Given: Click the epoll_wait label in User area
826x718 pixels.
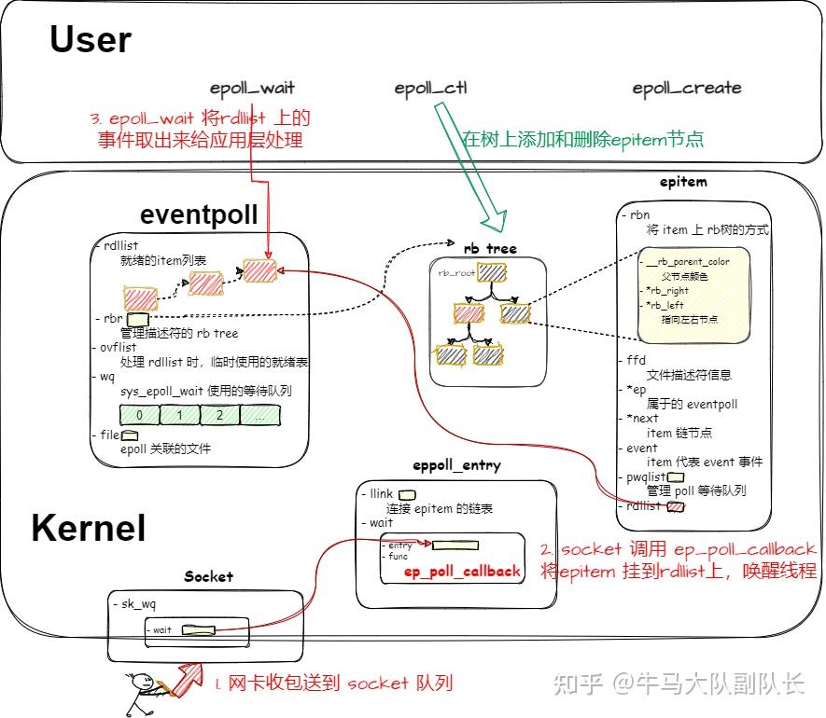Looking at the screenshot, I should click(252, 89).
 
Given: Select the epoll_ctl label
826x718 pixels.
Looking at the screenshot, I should click(430, 89).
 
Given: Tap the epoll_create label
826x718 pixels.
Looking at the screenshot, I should click(686, 89).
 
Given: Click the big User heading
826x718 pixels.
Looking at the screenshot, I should click(91, 40).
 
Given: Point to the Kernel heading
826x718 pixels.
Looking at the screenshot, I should click(89, 528).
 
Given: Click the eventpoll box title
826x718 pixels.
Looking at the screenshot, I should click(198, 214).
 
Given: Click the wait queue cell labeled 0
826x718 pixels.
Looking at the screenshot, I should click(139, 414).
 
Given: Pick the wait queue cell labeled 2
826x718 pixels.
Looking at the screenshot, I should click(218, 414).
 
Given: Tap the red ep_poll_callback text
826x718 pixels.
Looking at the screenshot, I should click(461, 571).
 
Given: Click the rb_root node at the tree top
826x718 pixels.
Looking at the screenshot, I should click(490, 272).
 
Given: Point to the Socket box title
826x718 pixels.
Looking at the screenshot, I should click(208, 576).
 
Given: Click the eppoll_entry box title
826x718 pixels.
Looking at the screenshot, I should click(456, 465).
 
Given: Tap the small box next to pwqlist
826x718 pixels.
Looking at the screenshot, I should click(676, 477).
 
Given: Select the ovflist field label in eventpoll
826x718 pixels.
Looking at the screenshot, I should click(117, 347).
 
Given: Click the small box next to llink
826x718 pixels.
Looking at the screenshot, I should click(407, 494).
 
